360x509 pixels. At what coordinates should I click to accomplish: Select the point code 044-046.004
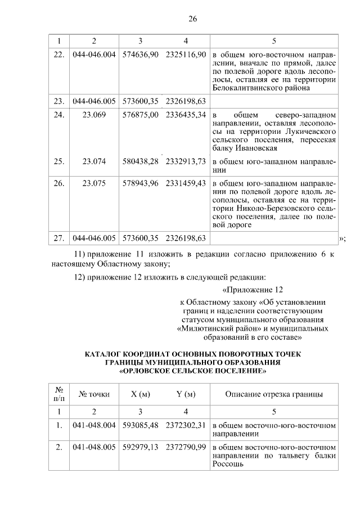point(94,57)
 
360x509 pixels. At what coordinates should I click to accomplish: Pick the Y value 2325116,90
point(186,57)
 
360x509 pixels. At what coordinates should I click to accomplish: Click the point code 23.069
point(94,114)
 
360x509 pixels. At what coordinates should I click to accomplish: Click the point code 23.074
point(94,161)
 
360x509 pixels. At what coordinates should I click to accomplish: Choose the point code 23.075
point(94,183)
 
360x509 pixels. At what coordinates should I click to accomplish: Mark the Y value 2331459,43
point(186,183)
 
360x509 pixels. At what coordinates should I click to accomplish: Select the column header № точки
point(94,394)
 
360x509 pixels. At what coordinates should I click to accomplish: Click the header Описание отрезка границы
point(274,394)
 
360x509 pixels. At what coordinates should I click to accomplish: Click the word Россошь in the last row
point(228,465)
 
